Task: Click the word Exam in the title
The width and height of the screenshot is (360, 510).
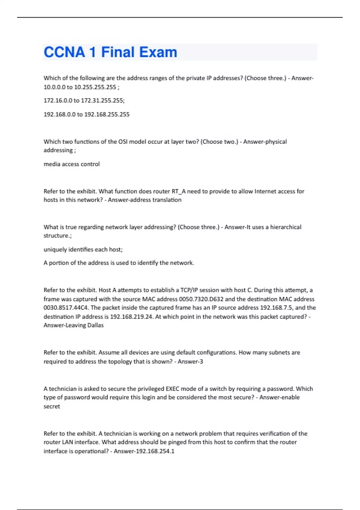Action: coord(158,52)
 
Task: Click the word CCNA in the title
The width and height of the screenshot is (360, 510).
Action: coord(64,52)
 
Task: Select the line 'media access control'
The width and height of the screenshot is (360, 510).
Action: coord(72,164)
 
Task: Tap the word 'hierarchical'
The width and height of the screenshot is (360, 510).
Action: coord(286,227)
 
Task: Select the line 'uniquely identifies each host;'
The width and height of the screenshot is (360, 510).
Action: coord(83,249)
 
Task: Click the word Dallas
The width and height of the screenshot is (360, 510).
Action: coord(95,325)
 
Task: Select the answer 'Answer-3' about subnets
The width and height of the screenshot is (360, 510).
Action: coord(190,361)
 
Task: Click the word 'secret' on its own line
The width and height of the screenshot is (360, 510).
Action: coord(52,406)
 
